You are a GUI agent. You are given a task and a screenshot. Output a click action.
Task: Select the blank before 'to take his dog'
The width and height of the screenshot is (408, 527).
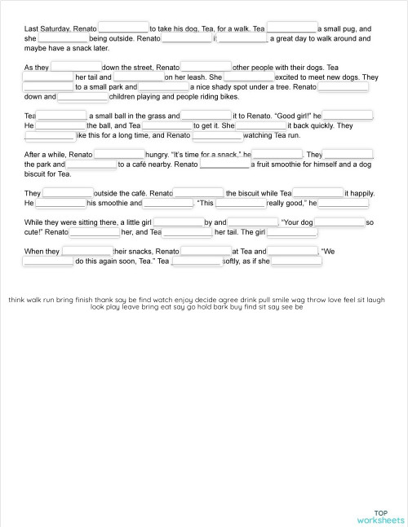pyautogui.click(x=123, y=29)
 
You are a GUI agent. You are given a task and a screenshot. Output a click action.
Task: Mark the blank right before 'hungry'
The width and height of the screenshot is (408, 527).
pyautogui.click(x=119, y=154)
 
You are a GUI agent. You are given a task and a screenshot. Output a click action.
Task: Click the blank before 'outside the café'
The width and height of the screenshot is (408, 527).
pyautogui.click(x=68, y=193)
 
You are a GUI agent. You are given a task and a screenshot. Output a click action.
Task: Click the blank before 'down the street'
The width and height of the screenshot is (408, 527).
pyautogui.click(x=76, y=68)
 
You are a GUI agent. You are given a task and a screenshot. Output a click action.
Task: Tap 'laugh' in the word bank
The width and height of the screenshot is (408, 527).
pyautogui.click(x=375, y=300)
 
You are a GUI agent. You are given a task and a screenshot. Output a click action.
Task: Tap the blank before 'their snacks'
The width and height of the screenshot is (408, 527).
pyautogui.click(x=86, y=252)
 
